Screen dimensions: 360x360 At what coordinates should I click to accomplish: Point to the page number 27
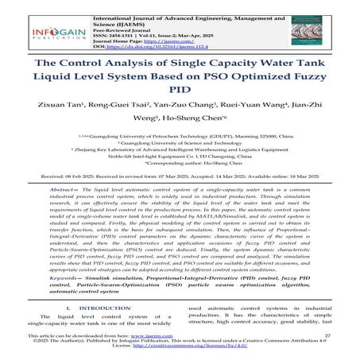click(x=328, y=337)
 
